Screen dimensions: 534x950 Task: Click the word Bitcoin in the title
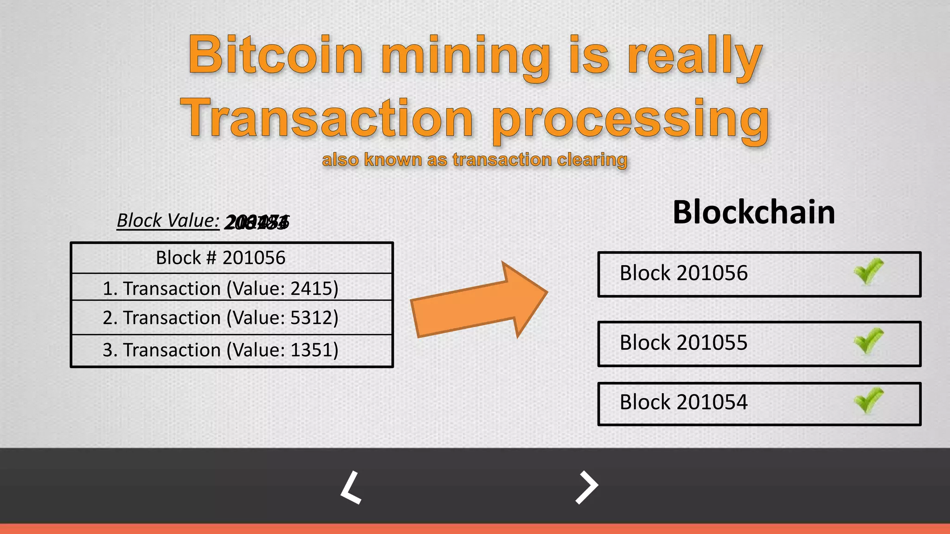(276, 56)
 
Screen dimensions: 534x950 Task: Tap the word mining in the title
(466, 58)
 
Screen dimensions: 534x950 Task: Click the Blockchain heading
(754, 212)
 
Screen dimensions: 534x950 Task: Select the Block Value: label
(168, 221)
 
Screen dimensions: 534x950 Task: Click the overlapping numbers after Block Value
(257, 222)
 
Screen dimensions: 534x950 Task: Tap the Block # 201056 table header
(221, 258)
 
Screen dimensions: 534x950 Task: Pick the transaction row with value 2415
(221, 288)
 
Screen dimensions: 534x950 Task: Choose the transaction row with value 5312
(221, 318)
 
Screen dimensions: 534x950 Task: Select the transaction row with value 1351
(221, 350)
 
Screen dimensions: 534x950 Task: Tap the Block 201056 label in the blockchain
(684, 273)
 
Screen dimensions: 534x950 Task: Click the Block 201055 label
(684, 343)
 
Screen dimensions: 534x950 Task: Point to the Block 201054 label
(684, 402)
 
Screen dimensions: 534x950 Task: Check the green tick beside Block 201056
(868, 272)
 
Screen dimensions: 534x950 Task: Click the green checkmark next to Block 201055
(868, 341)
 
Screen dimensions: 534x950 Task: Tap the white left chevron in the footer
(351, 487)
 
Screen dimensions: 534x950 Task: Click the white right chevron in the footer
(587, 487)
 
